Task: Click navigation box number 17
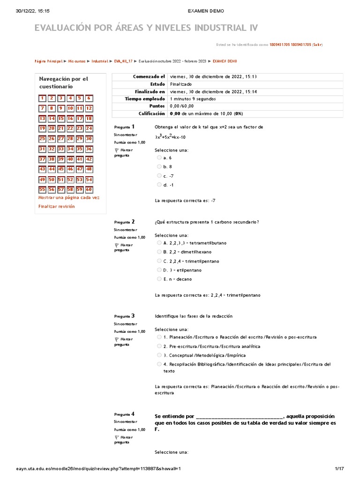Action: point(80,119)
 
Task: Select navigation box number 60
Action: point(89,190)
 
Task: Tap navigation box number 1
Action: point(42,98)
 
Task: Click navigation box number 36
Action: point(89,149)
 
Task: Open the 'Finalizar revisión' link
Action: point(56,206)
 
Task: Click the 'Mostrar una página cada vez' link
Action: point(69,197)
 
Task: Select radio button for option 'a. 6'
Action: point(159,158)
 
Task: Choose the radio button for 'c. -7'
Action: point(159,176)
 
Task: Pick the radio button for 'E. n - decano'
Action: point(159,279)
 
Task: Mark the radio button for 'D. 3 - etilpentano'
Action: point(159,270)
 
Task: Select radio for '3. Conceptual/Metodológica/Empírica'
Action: point(159,355)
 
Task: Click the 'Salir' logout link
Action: point(317,45)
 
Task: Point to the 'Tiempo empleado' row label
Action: point(145,99)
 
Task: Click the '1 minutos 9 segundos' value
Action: point(193,99)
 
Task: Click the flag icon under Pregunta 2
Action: point(117,245)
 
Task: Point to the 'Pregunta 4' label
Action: point(124,414)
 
